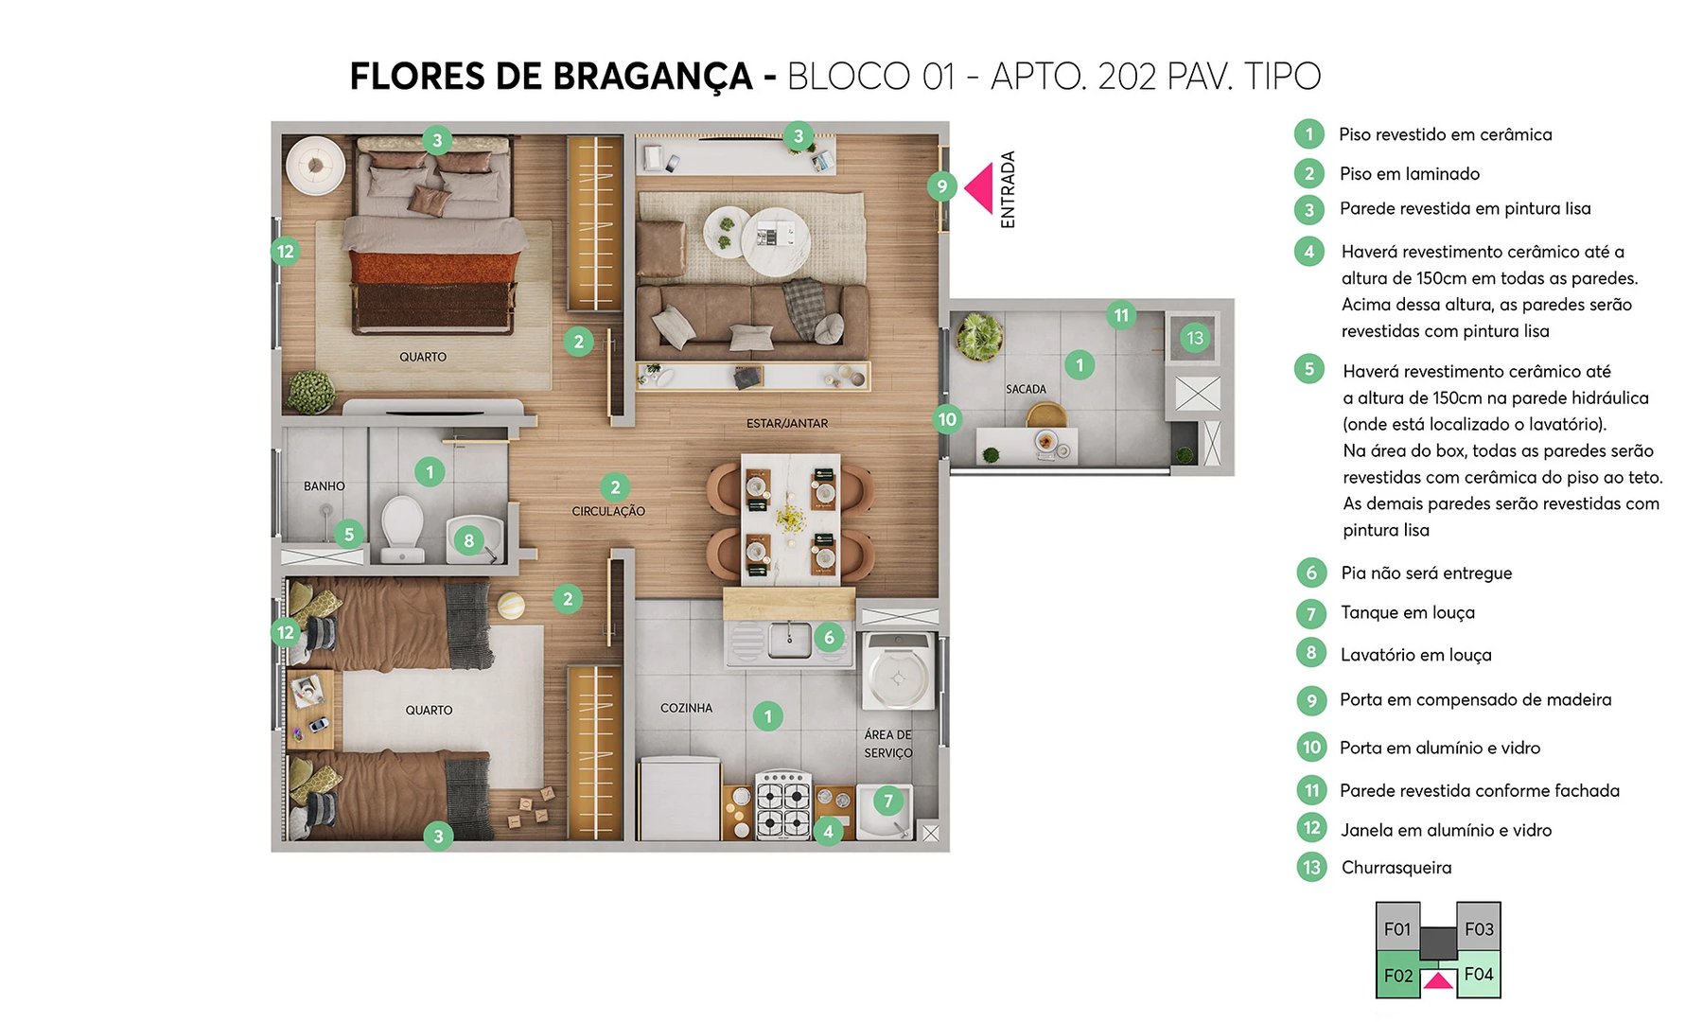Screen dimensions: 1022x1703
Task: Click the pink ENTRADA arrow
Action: coord(980,187)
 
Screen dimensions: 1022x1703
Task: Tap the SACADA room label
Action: coord(1026,389)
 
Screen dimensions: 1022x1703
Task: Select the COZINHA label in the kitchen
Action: coord(686,708)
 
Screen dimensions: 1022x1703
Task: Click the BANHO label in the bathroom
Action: coord(324,485)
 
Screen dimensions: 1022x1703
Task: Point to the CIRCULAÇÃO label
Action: coord(608,511)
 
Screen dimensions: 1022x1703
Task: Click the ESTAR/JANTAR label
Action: coord(786,423)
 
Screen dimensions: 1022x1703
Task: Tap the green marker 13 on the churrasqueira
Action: coord(1195,338)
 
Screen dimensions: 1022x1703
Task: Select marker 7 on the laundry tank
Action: coord(887,802)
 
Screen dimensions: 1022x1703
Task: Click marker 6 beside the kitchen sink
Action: coord(829,637)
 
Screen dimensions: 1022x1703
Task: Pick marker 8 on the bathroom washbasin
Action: coord(468,541)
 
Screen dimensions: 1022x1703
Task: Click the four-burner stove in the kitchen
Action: coord(783,805)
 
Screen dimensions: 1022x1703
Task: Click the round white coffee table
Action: coord(774,240)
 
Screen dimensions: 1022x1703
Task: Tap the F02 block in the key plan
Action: coord(1398,976)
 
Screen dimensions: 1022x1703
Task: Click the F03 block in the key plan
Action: coord(1479,928)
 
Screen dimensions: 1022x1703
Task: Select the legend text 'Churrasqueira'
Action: coord(1396,868)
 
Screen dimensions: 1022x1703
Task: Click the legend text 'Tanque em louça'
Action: coord(1407,613)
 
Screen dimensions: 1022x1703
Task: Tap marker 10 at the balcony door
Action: coord(946,418)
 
